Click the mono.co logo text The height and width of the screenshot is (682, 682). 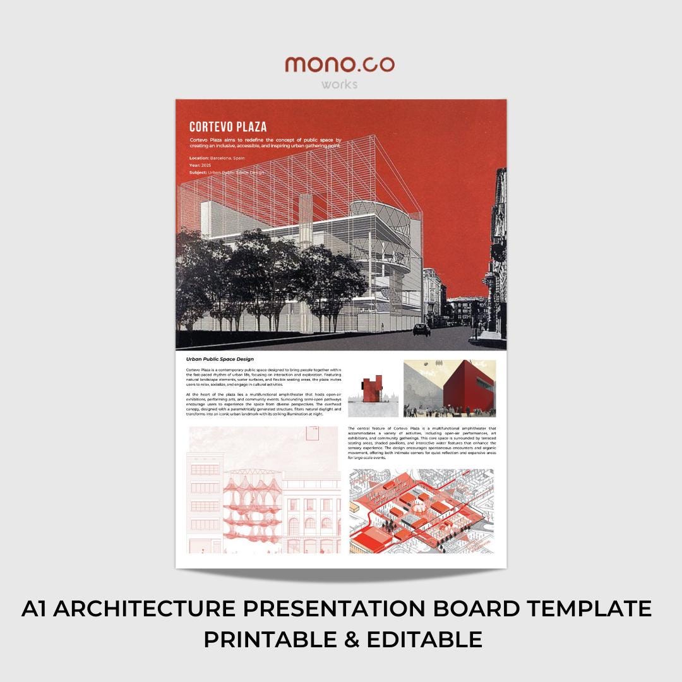(340, 64)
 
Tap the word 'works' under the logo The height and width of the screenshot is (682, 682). (339, 84)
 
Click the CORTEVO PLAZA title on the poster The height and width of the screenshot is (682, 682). (228, 126)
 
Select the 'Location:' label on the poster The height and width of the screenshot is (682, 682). (200, 158)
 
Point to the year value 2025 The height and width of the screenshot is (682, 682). (206, 165)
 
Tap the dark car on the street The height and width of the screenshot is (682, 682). (422, 329)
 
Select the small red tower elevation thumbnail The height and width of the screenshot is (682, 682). (373, 390)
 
